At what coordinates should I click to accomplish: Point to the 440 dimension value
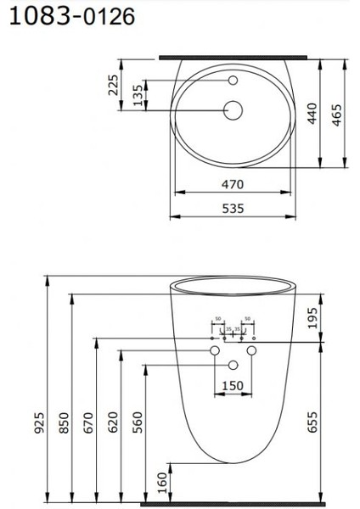point(312,112)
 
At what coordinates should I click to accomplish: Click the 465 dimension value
point(337,112)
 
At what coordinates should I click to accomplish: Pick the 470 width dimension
point(233,183)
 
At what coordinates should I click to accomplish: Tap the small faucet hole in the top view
point(233,81)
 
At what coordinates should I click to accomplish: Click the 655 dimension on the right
point(313,420)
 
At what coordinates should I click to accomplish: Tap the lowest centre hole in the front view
point(233,365)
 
